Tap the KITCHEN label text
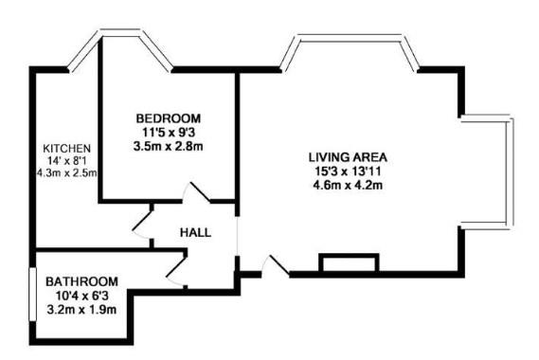pyautogui.click(x=66, y=149)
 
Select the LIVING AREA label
pyautogui.click(x=348, y=156)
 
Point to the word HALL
pyautogui.click(x=195, y=231)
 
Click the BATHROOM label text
pyautogui.click(x=81, y=281)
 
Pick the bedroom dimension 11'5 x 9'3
pyautogui.click(x=168, y=134)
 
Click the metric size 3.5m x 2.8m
pyautogui.click(x=168, y=147)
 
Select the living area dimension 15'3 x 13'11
pyautogui.click(x=348, y=171)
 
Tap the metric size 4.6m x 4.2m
pyautogui.click(x=348, y=185)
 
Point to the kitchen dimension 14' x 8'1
pyautogui.click(x=67, y=161)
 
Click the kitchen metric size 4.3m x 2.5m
pyautogui.click(x=66, y=173)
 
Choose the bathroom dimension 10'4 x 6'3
pyautogui.click(x=81, y=296)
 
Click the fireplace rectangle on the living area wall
pyautogui.click(x=350, y=263)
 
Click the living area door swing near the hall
pyautogui.click(x=273, y=264)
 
